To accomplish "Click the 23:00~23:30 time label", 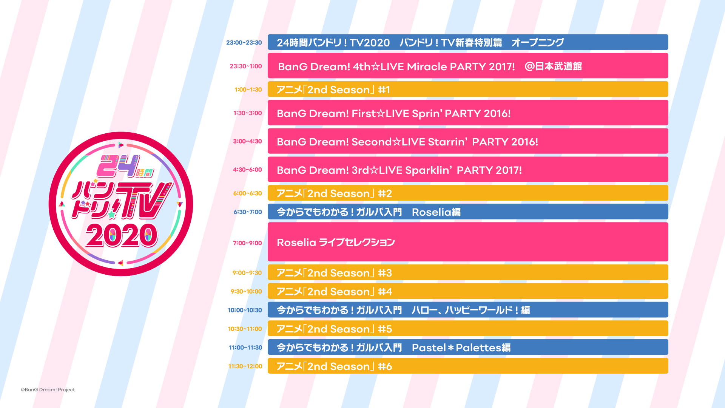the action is click(244, 43).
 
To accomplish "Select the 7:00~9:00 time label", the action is click(247, 243).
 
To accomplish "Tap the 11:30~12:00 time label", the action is click(245, 366).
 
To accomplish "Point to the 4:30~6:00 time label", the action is click(247, 170).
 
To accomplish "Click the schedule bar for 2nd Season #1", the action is click(468, 89).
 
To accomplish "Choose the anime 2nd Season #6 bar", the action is click(468, 366).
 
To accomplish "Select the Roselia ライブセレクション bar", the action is click(468, 242).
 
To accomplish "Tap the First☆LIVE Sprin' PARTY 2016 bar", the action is click(468, 113).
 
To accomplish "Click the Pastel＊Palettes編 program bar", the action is click(468, 347).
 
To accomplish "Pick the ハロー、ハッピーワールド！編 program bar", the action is click(468, 310).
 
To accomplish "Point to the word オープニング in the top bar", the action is click(538, 42).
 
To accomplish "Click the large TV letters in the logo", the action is click(145, 201).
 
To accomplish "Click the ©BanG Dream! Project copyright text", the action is click(48, 389).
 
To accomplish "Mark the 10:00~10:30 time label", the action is click(245, 310).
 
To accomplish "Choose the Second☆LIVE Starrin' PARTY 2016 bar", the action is click(468, 141).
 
